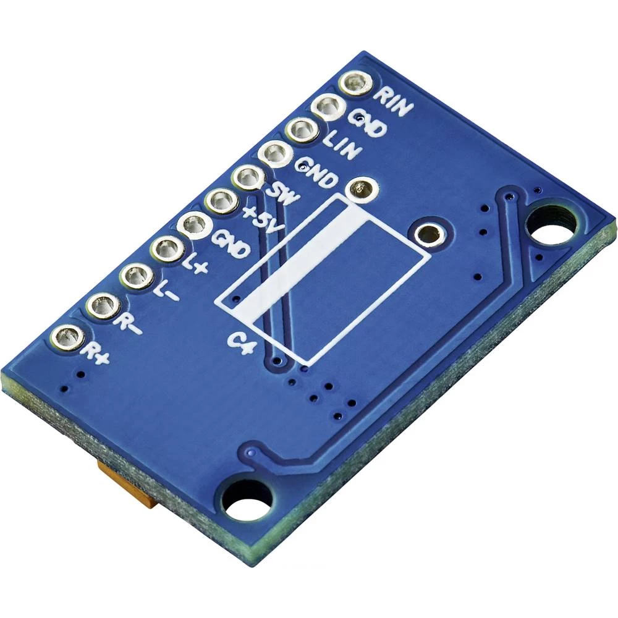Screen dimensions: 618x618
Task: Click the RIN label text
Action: (x=396, y=103)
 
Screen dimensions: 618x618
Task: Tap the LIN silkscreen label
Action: (x=341, y=145)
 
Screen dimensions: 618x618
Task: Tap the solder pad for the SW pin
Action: (x=247, y=179)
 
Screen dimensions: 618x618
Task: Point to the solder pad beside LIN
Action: (x=302, y=130)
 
